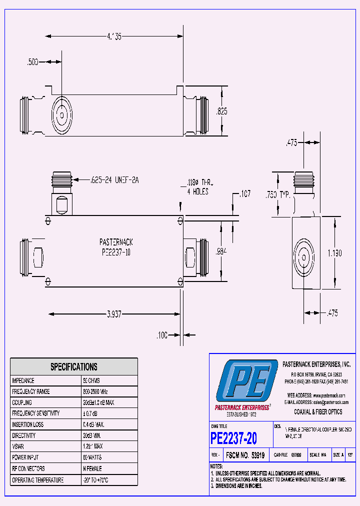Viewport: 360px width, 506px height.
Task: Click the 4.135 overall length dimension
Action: [113, 36]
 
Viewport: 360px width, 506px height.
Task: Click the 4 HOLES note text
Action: [197, 191]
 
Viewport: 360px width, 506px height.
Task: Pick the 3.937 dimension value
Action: [114, 314]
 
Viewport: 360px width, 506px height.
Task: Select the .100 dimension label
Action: [161, 335]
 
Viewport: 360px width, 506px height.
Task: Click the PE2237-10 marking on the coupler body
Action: [116, 252]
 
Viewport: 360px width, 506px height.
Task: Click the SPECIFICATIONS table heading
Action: [74, 367]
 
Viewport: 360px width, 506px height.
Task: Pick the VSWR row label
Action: [19, 446]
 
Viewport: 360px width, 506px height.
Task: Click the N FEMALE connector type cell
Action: [92, 469]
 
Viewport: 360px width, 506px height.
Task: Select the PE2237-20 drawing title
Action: [234, 438]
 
